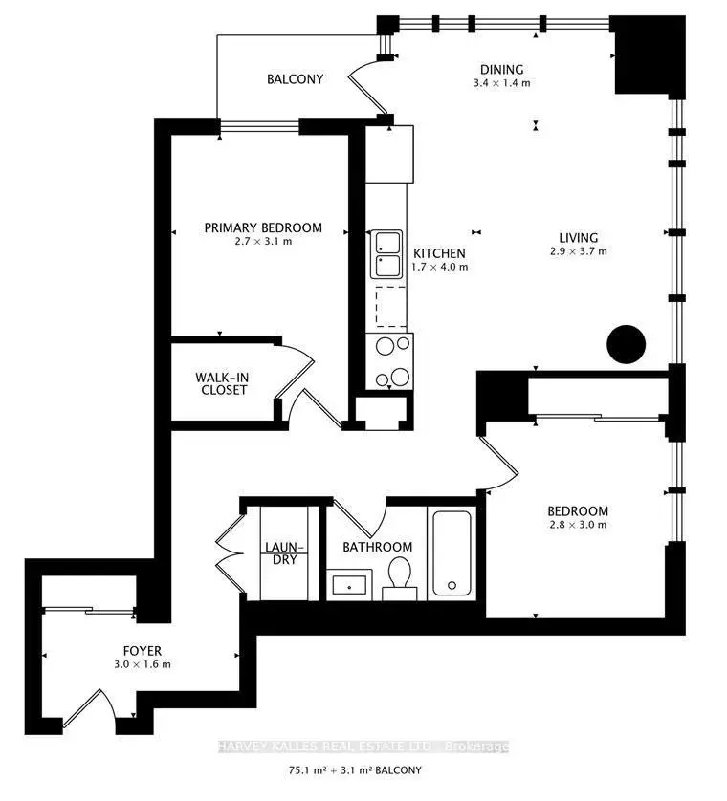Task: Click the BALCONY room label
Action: pyautogui.click(x=295, y=79)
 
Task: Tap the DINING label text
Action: pyautogui.click(x=501, y=70)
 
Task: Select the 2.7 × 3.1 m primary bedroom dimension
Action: pyautogui.click(x=263, y=241)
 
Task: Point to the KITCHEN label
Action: pyautogui.click(x=439, y=253)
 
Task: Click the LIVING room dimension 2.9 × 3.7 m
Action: pyautogui.click(x=578, y=251)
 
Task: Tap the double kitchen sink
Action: pyautogui.click(x=386, y=254)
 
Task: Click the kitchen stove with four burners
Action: pyautogui.click(x=389, y=361)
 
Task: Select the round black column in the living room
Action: pyautogui.click(x=626, y=344)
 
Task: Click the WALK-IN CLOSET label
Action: pyautogui.click(x=222, y=383)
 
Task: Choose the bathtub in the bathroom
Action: pyautogui.click(x=452, y=553)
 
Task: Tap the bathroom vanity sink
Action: pyautogui.click(x=349, y=584)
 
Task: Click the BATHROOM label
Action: pyautogui.click(x=377, y=547)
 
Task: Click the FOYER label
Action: pyautogui.click(x=143, y=651)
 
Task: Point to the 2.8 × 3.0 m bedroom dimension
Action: pyautogui.click(x=578, y=525)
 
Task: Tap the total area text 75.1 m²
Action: pyautogui.click(x=308, y=770)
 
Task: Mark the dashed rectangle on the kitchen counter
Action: pyautogui.click(x=391, y=307)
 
